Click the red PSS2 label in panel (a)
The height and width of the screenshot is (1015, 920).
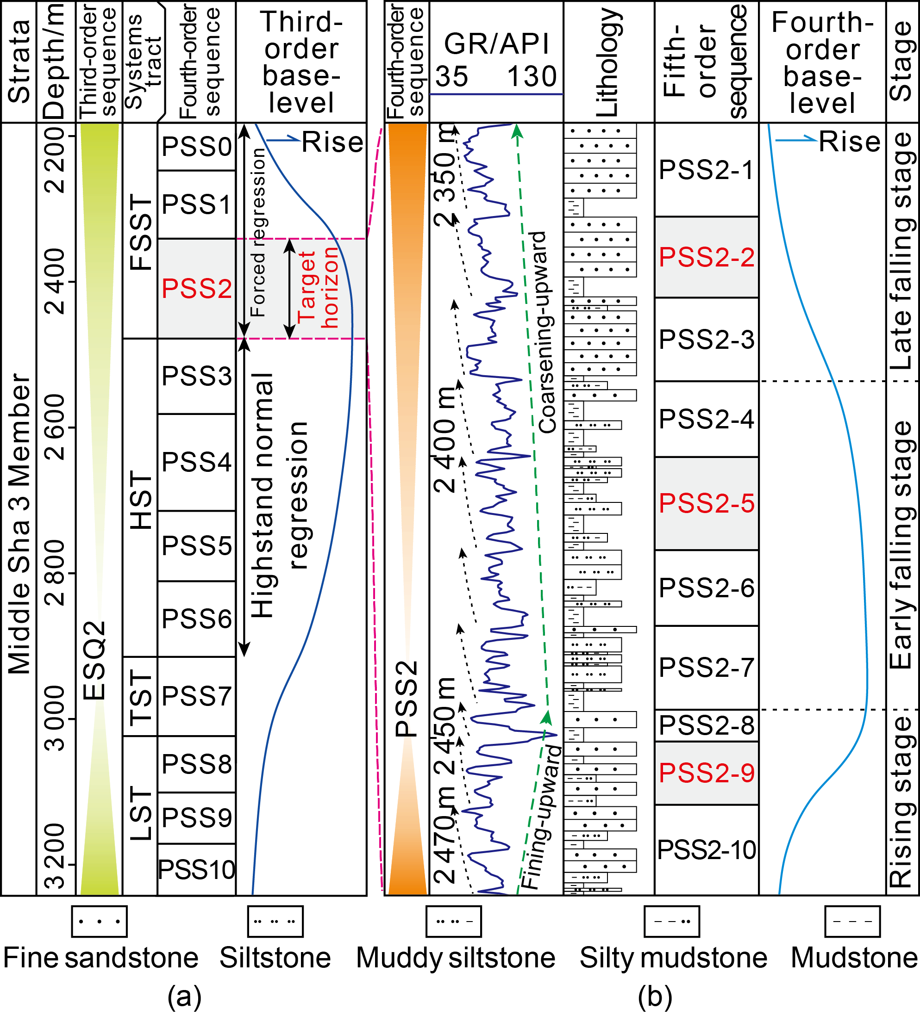click(x=196, y=289)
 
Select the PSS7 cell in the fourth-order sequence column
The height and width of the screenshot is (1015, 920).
click(x=196, y=696)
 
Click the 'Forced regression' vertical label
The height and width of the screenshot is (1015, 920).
click(x=258, y=233)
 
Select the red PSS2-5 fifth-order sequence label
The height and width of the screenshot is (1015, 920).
click(x=707, y=503)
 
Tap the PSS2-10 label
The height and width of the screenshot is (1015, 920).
click(x=707, y=850)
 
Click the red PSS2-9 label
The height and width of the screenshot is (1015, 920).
click(x=707, y=773)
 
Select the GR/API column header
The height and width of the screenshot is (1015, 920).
click(x=496, y=44)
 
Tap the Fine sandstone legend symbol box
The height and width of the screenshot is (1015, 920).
click(x=99, y=922)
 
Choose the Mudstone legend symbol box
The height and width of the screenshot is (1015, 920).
click(x=852, y=922)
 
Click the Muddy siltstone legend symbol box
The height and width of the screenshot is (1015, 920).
click(x=453, y=922)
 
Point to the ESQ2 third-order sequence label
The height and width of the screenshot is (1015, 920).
click(x=94, y=661)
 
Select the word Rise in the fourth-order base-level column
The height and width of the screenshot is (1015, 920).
click(x=849, y=142)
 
